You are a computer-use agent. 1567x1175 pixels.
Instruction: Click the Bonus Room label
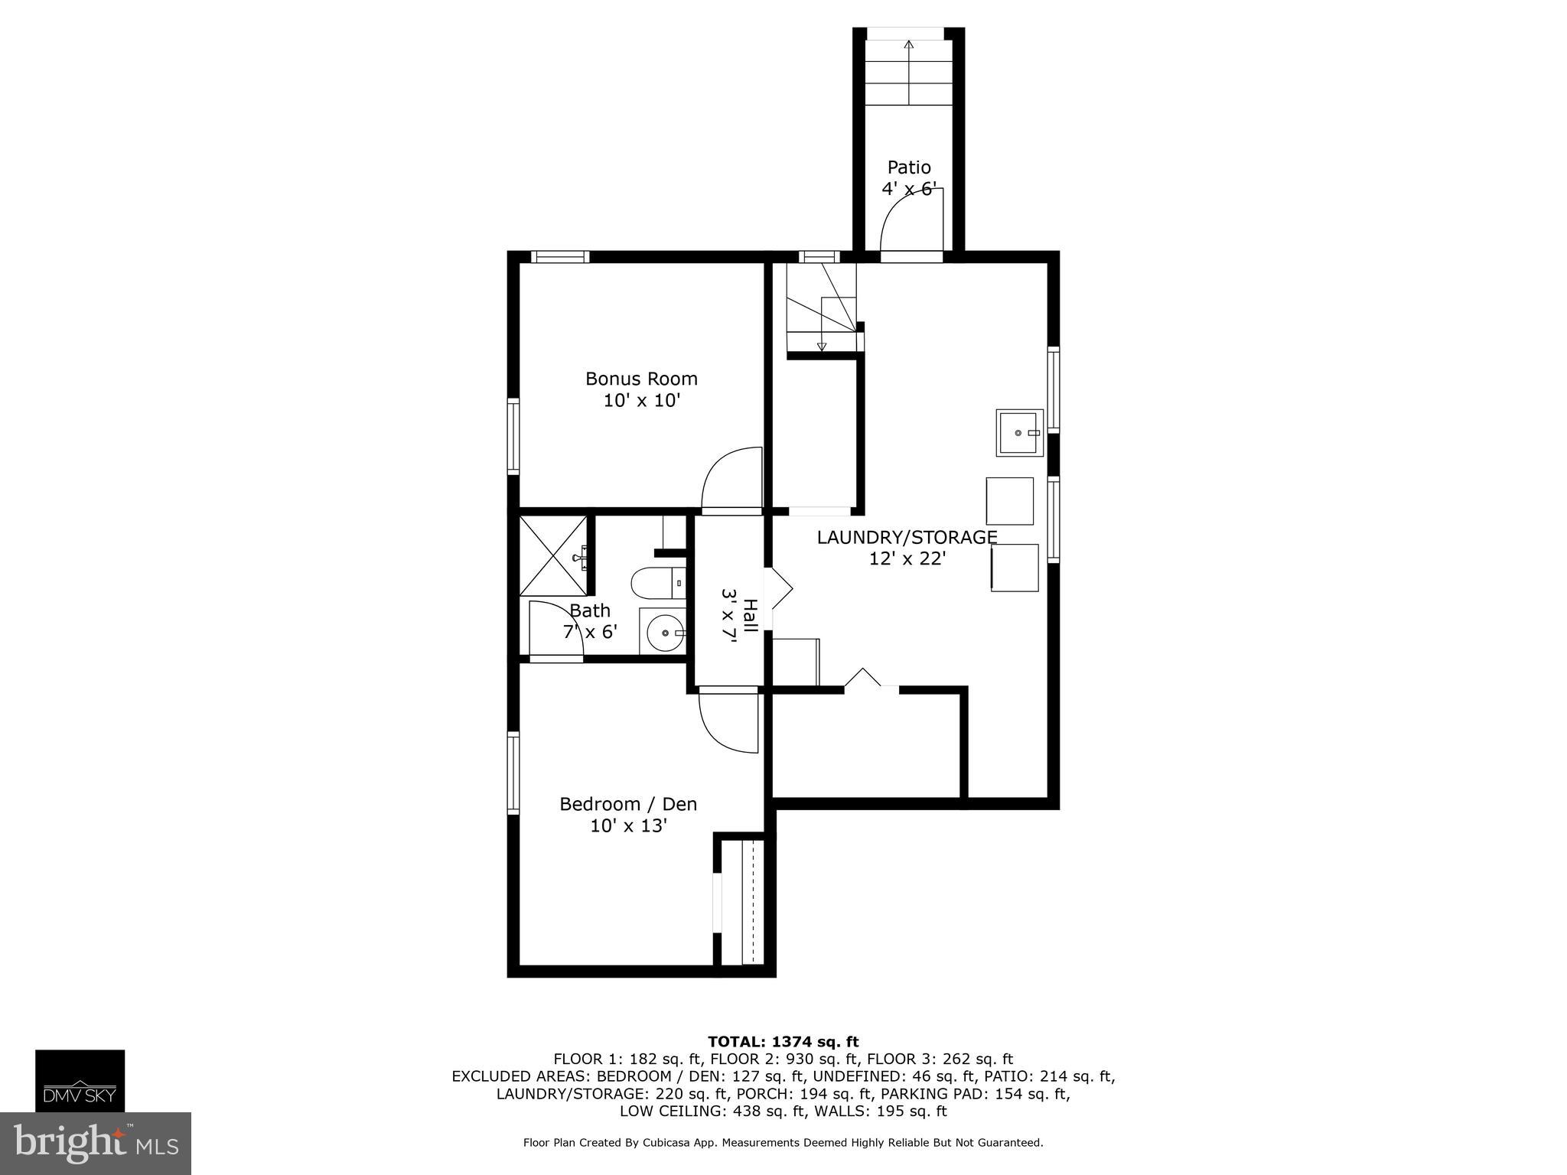click(641, 379)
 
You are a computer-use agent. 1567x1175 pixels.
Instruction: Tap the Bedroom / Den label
click(628, 804)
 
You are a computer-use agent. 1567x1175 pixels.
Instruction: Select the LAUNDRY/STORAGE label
click(907, 537)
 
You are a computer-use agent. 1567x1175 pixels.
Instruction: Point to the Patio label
click(909, 167)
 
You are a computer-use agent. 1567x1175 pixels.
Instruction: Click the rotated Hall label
click(751, 616)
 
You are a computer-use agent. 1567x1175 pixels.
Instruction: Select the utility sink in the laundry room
click(1020, 432)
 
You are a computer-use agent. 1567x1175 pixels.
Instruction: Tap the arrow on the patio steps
click(909, 72)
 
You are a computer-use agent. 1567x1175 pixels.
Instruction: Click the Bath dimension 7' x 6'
click(590, 632)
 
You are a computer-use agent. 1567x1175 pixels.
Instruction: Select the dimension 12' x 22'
click(907, 558)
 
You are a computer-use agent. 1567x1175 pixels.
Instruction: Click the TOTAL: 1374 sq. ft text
click(783, 1042)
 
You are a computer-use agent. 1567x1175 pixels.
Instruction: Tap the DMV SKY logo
click(80, 1080)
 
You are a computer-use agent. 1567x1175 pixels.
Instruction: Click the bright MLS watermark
click(96, 1143)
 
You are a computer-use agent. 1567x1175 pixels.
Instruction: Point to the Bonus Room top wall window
click(560, 256)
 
